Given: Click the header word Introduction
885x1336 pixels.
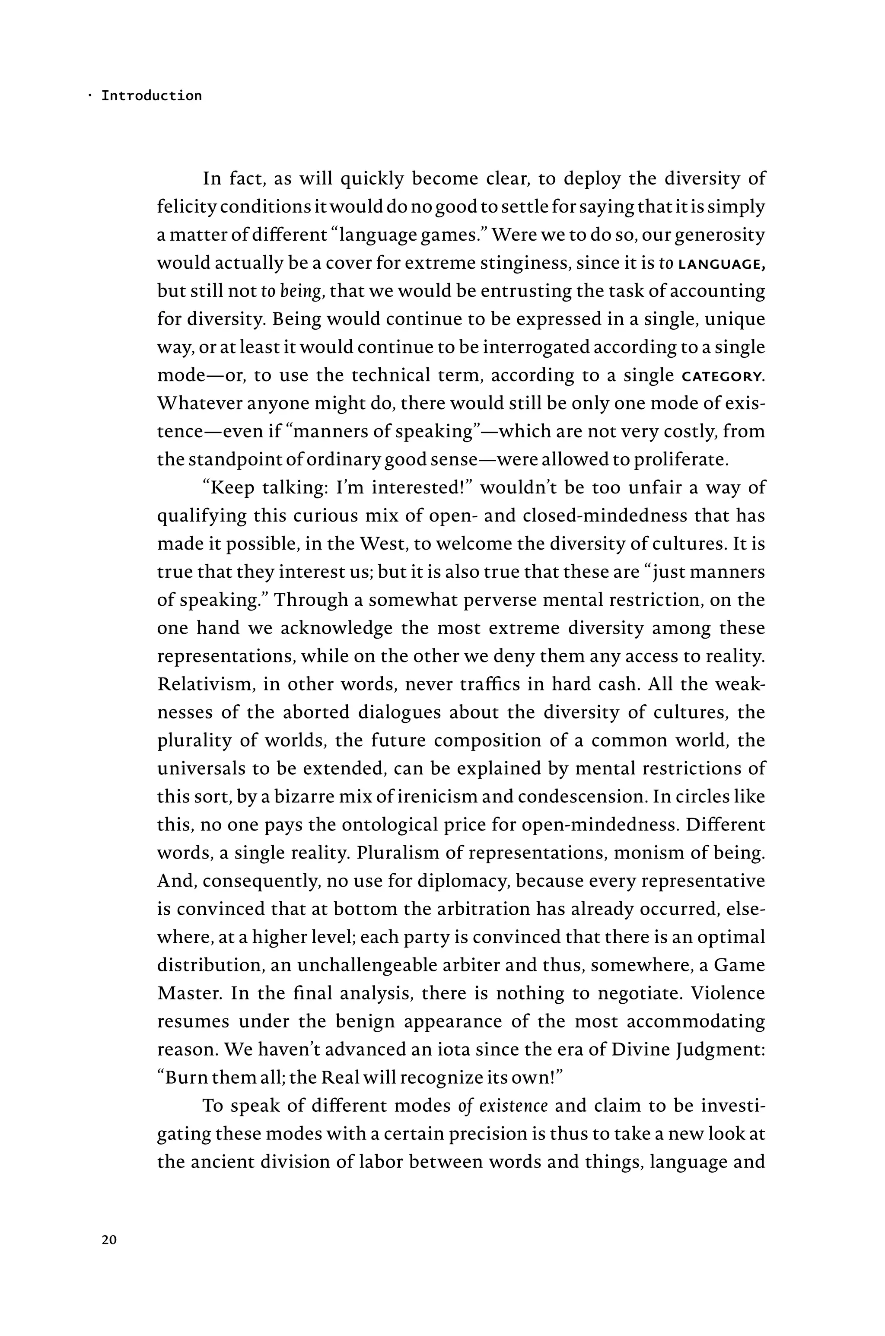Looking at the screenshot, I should (x=151, y=96).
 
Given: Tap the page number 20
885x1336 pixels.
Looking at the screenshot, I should (x=109, y=1240).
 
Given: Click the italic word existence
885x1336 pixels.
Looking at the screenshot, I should (x=513, y=1106).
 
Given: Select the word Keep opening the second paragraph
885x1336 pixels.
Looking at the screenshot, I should (x=232, y=487).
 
